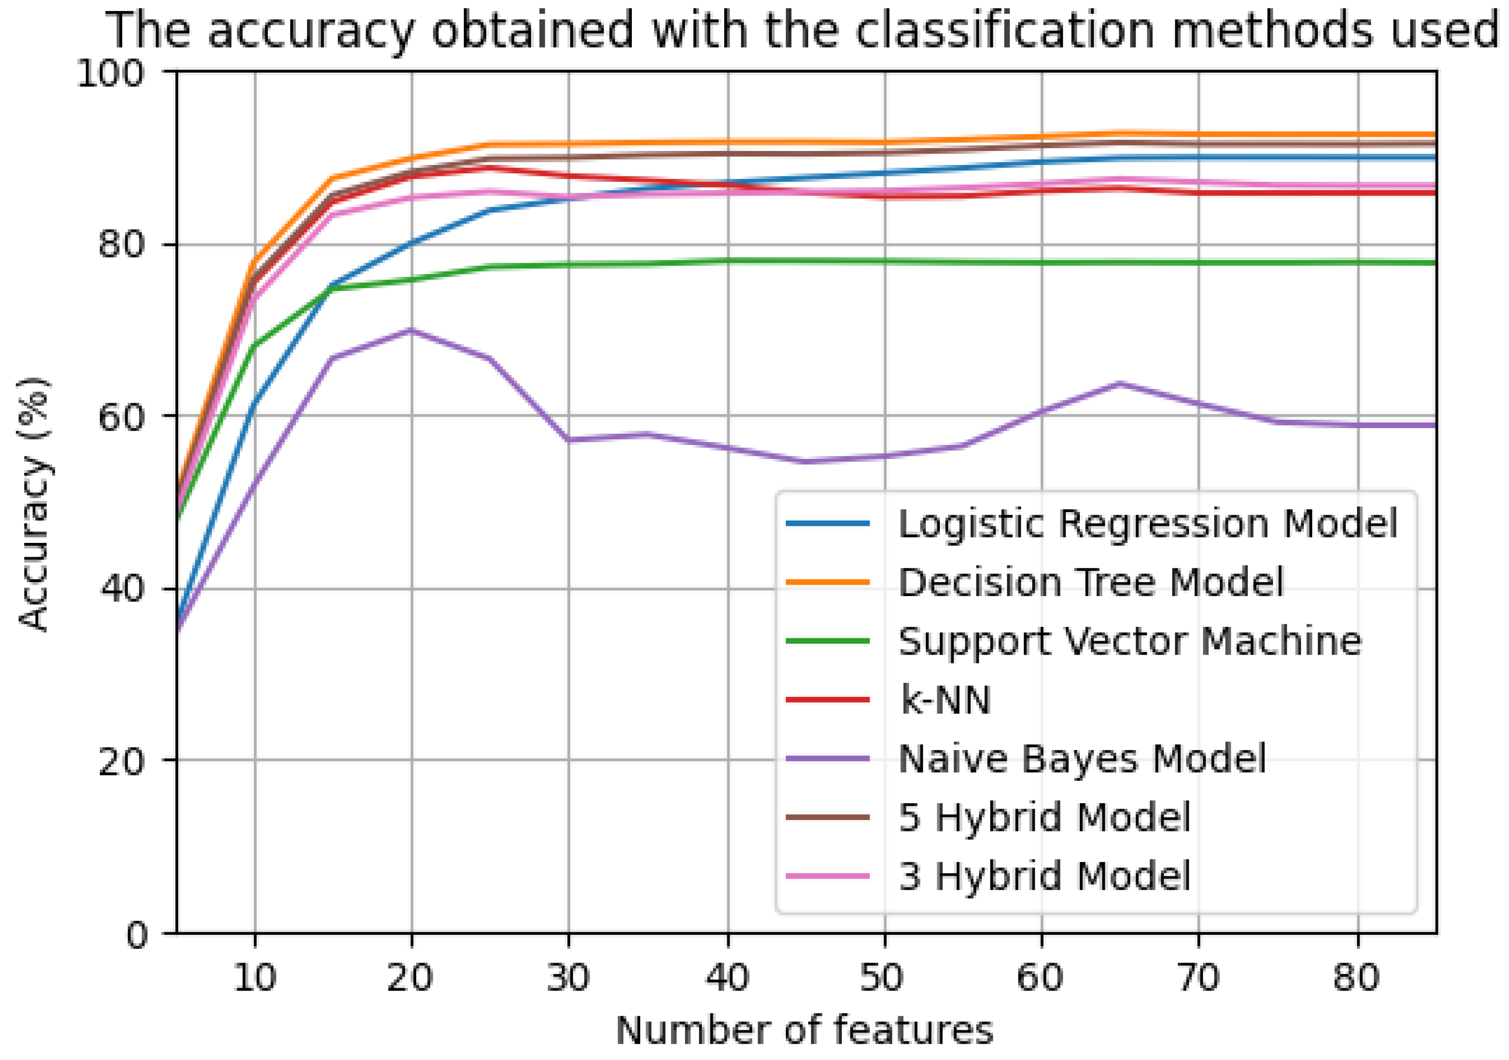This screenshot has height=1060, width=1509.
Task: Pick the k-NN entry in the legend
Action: [x=945, y=700]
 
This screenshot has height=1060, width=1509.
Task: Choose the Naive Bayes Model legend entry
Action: [x=1082, y=759]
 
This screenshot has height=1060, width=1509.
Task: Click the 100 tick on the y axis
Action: [x=110, y=73]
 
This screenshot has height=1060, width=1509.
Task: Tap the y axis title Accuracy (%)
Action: [x=34, y=504]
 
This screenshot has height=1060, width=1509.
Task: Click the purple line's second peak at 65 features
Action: [x=1120, y=383]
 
